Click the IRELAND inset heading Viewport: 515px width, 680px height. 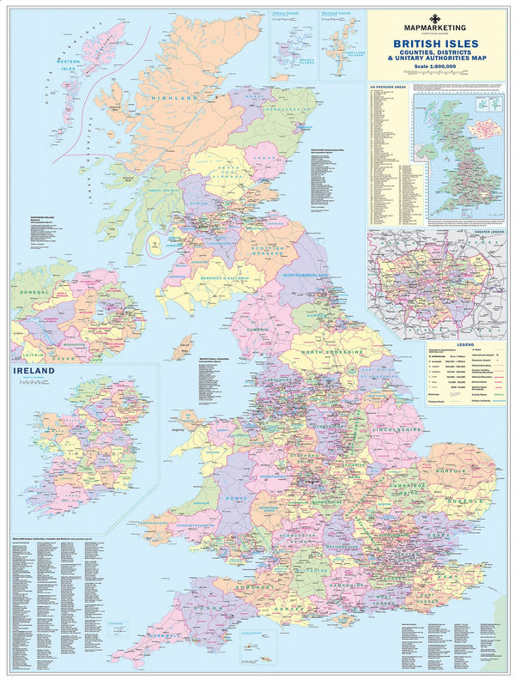pos(33,371)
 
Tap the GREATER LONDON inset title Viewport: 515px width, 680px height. pos(480,232)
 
